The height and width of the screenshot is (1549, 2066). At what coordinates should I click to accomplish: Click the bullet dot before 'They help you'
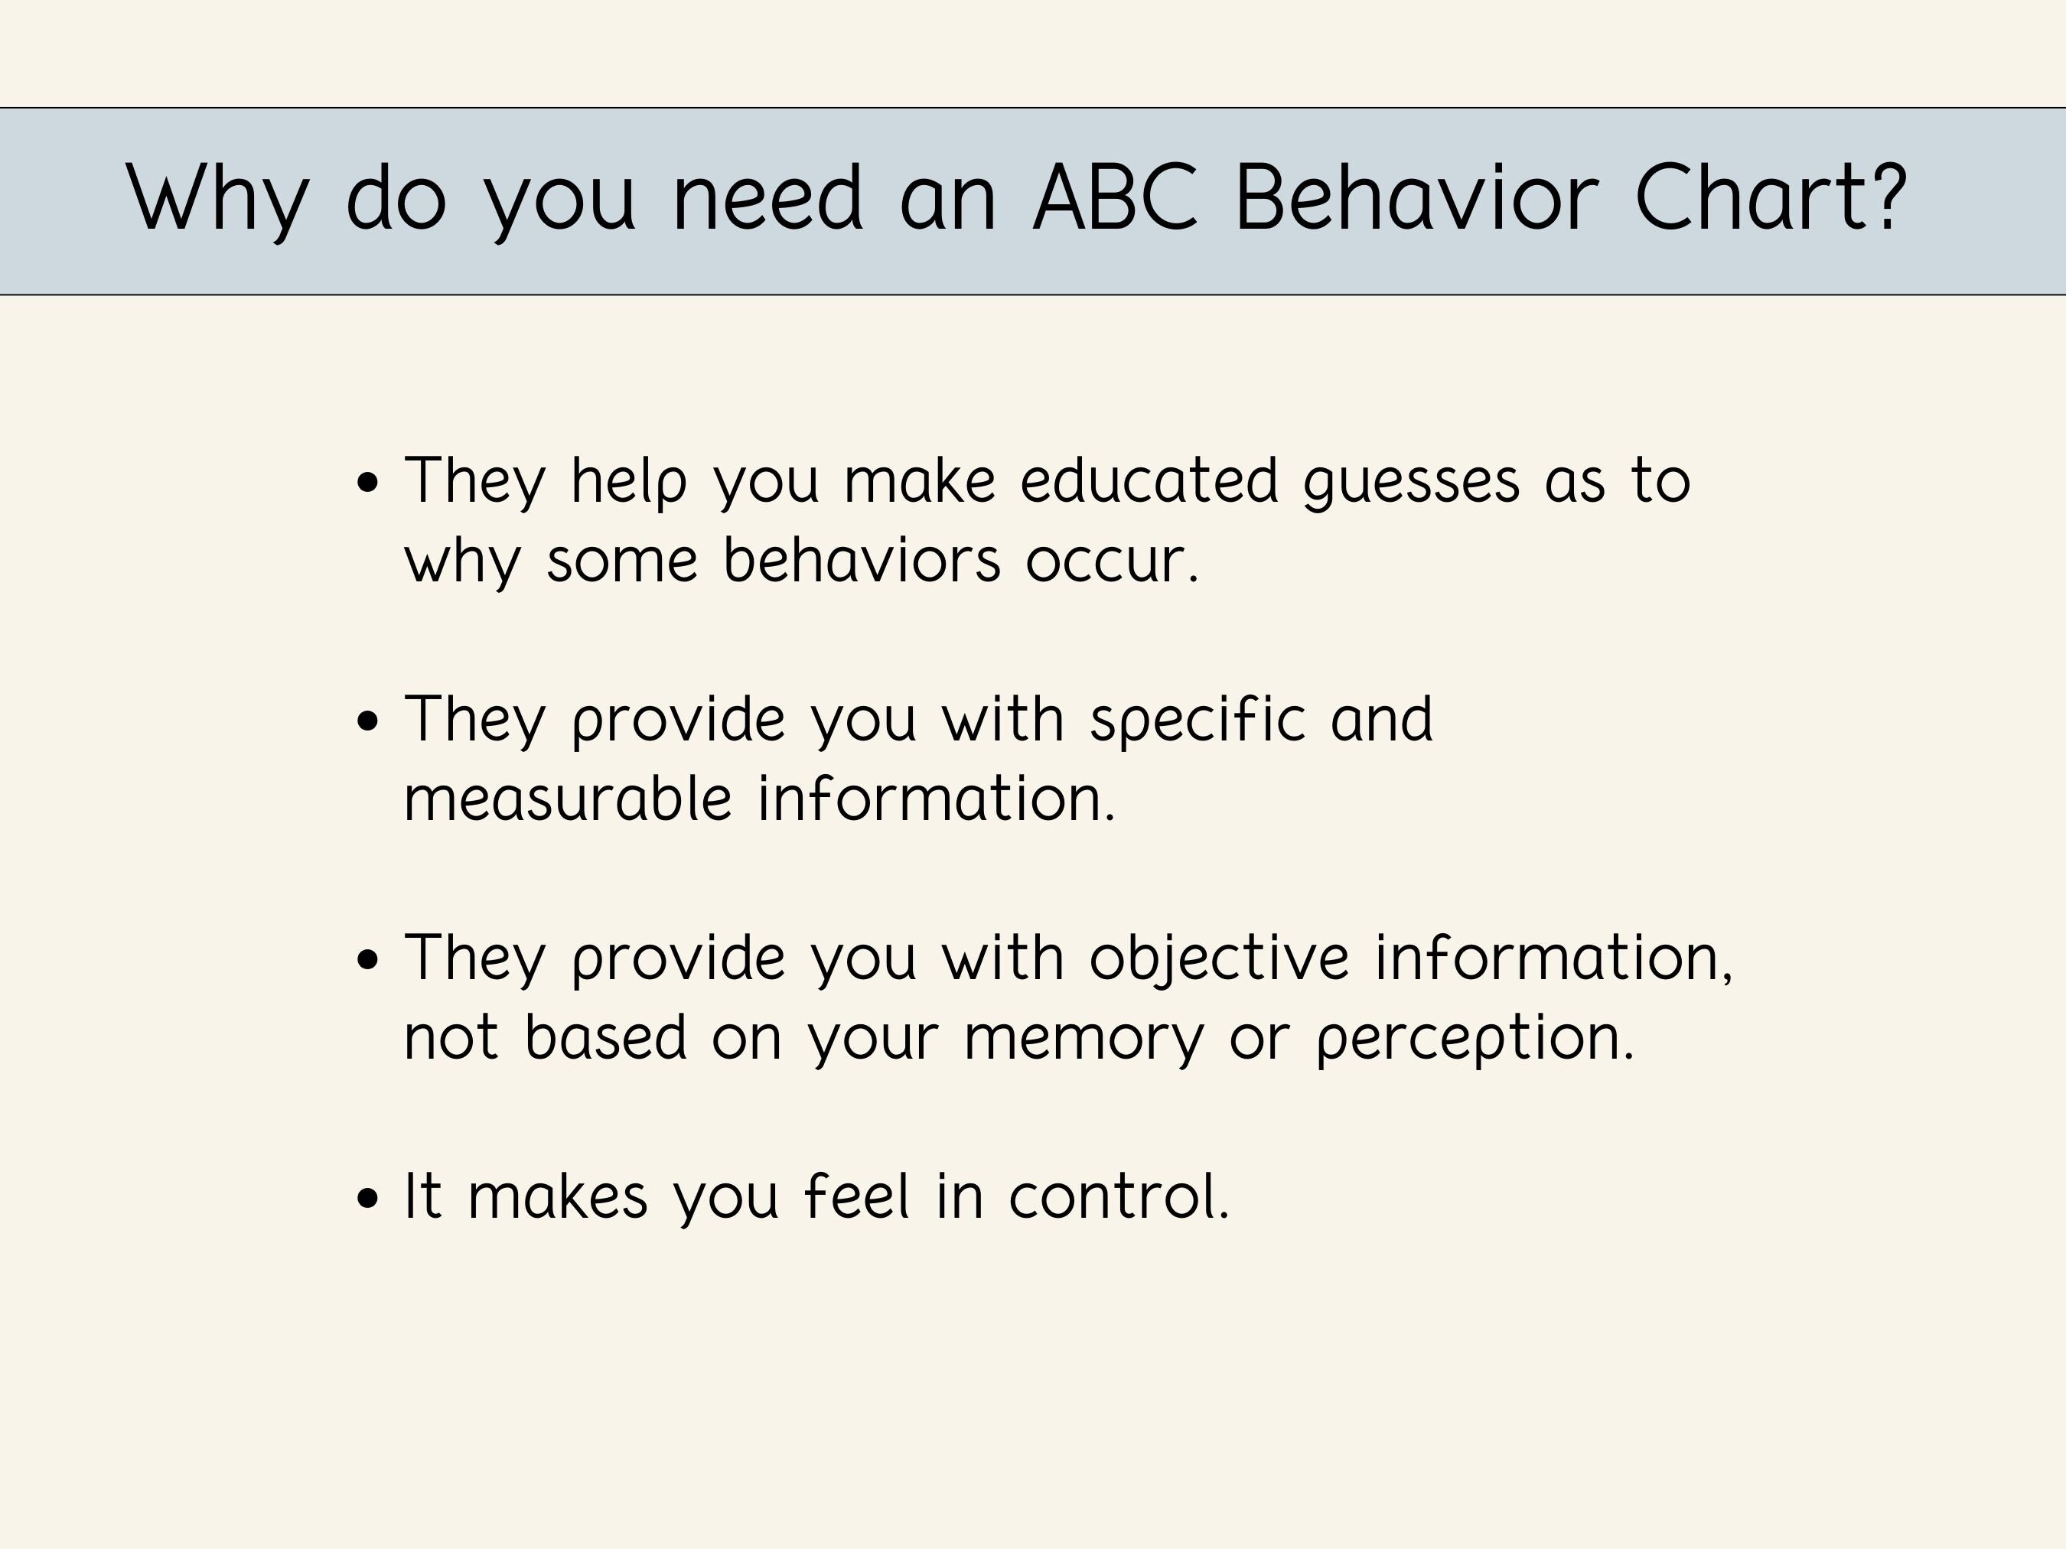coord(368,483)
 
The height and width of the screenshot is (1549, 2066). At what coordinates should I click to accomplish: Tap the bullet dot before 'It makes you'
coord(368,1198)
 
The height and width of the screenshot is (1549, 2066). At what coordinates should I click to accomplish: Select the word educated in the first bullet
coord(1148,481)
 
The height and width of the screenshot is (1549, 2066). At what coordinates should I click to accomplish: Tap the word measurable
coord(567,799)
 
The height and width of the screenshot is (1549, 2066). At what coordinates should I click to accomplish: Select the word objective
coord(1219,960)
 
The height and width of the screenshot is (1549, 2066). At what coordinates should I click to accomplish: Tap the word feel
coord(856,1197)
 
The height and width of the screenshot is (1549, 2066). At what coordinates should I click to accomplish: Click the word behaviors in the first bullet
coord(861,561)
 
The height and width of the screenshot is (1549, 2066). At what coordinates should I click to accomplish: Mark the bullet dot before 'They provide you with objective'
coord(368,960)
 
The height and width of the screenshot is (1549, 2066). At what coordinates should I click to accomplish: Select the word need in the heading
coord(767,198)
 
